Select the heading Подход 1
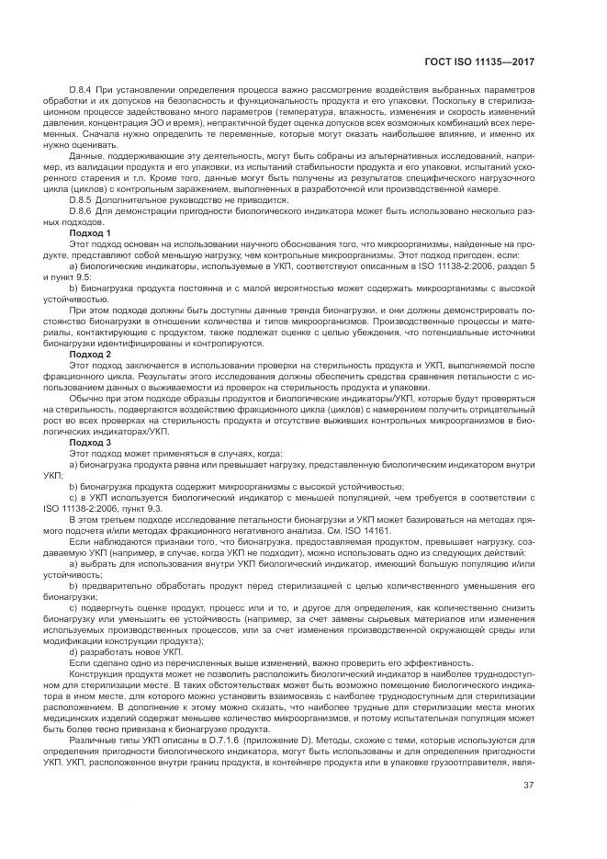(x=90, y=233)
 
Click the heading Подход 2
(x=90, y=354)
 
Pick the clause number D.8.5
(x=83, y=199)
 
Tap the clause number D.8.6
(x=83, y=211)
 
